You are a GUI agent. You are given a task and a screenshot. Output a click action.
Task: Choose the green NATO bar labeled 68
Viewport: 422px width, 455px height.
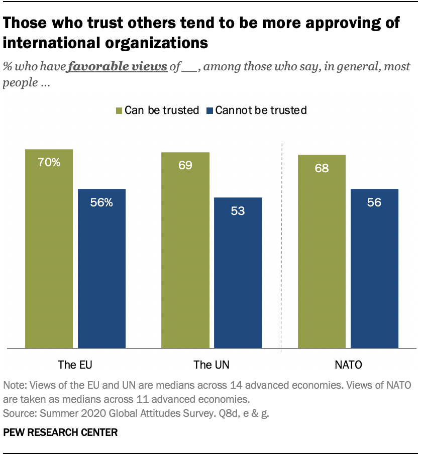[x=322, y=251]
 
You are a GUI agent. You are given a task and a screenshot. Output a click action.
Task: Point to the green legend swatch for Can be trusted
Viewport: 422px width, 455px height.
[x=120, y=110]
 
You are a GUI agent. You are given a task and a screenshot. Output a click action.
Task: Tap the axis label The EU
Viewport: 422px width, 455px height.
[x=75, y=365]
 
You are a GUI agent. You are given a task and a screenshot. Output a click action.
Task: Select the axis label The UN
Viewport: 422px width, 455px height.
[x=212, y=365]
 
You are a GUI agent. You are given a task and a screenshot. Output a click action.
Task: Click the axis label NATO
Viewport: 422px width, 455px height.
[x=348, y=365]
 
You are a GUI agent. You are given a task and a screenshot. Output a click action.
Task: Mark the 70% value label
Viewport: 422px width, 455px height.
[x=49, y=162]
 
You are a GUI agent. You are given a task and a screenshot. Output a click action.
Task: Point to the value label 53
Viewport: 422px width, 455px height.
[x=238, y=211]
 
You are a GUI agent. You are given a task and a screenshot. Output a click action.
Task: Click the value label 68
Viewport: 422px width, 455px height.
[x=322, y=168]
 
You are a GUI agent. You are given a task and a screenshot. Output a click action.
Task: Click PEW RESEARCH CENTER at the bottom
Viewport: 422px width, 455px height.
[x=60, y=432]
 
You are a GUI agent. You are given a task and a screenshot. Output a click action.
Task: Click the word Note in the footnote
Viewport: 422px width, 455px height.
[x=14, y=386]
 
